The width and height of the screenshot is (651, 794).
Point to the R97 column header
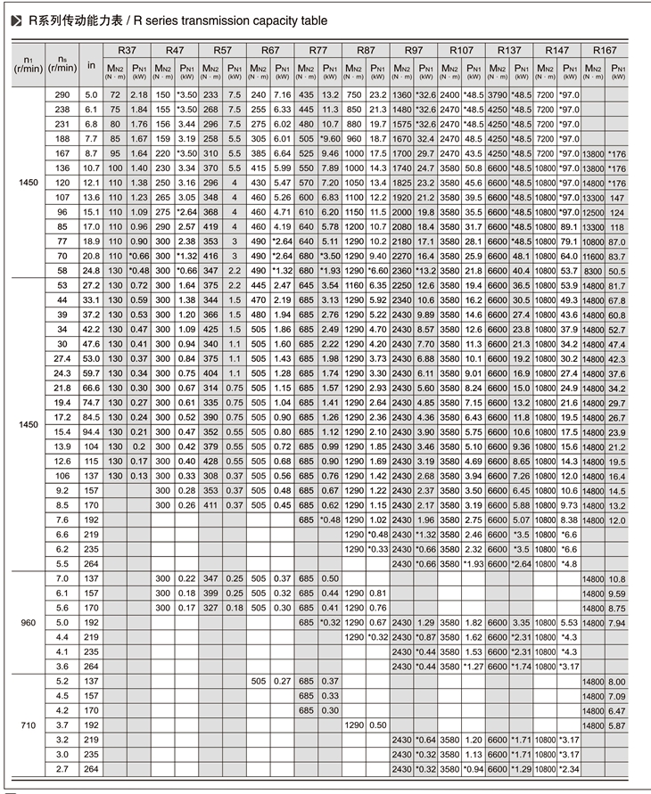tap(413, 51)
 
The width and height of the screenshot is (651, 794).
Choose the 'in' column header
tap(91, 64)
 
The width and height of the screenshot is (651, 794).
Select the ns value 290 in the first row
tap(62, 94)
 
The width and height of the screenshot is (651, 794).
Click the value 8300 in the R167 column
tap(592, 269)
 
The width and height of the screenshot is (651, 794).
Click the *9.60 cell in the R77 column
tap(330, 138)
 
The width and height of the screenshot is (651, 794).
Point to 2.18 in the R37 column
tap(138, 94)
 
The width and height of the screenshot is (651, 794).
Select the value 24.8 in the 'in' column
tap(91, 269)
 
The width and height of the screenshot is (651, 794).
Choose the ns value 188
tap(62, 138)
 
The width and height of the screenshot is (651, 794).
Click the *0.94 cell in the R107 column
tap(474, 769)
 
